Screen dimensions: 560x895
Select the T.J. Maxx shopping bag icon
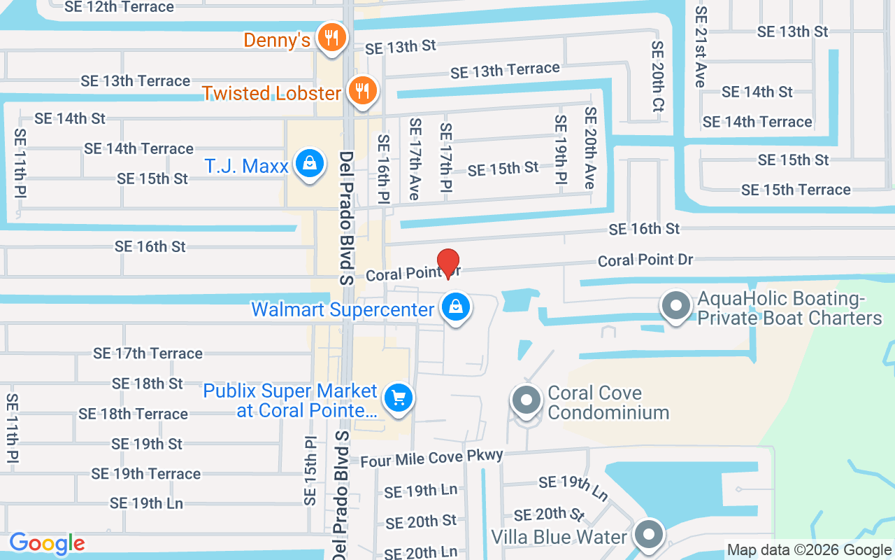click(308, 164)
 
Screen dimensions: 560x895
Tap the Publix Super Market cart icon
click(399, 399)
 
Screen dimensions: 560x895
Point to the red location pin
click(447, 262)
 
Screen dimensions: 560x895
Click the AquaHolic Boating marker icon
click(675, 307)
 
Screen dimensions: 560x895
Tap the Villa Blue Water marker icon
click(648, 535)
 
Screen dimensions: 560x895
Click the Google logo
click(47, 543)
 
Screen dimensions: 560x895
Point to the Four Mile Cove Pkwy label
click(431, 458)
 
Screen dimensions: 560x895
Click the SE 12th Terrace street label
click(119, 7)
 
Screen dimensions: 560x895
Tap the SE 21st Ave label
click(701, 47)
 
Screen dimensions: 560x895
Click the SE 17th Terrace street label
click(148, 353)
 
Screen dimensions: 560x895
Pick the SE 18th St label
click(147, 384)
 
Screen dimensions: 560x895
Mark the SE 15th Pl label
click(310, 471)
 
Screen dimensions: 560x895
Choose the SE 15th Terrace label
click(796, 190)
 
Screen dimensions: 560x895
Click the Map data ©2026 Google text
click(809, 550)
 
